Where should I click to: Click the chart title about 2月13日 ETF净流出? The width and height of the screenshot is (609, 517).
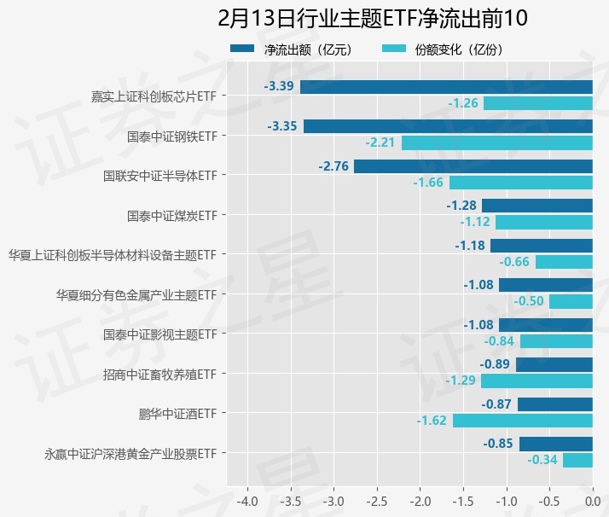tap(373, 18)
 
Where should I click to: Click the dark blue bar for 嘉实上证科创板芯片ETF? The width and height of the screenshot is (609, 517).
tap(446, 86)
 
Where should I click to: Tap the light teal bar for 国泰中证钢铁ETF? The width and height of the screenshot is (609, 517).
tap(497, 142)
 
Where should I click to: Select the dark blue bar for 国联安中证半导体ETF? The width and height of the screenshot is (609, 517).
tap(473, 166)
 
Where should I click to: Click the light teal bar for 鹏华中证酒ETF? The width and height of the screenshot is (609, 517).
tap(523, 421)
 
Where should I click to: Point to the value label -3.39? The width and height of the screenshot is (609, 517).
tap(279, 86)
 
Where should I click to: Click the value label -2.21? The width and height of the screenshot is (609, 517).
tap(380, 142)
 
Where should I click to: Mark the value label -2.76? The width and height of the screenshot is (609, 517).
tap(333, 166)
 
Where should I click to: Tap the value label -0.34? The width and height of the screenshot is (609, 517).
tap(542, 460)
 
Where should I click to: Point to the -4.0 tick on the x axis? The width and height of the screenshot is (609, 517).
tap(247, 498)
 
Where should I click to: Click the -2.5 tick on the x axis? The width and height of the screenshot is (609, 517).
tap(377, 498)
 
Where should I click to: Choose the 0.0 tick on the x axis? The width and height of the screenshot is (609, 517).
tap(593, 498)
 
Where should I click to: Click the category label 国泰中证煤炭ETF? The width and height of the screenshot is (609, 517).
tap(171, 216)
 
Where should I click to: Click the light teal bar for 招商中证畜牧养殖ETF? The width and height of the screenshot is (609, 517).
tap(536, 381)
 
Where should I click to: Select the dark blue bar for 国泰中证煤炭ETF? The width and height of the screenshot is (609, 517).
tap(537, 206)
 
